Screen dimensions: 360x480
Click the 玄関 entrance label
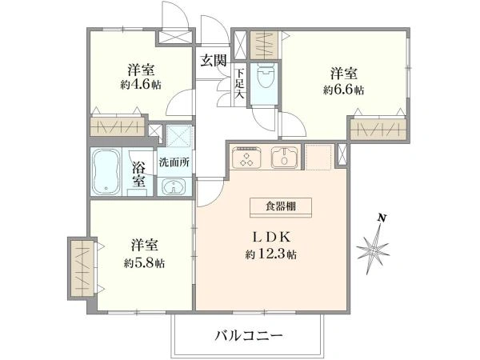214,59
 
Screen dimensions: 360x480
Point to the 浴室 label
139,174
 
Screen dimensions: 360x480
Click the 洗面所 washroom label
174,161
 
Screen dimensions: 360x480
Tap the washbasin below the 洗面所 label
173,187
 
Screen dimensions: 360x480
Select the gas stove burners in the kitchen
246,158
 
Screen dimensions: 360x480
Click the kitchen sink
285,158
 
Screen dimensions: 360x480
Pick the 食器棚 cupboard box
276,206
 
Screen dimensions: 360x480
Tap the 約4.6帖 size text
141,86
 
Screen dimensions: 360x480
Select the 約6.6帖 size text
344,90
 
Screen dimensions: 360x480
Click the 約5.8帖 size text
145,262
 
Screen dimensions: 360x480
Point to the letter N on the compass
383,218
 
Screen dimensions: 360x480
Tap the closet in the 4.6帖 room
117,126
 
